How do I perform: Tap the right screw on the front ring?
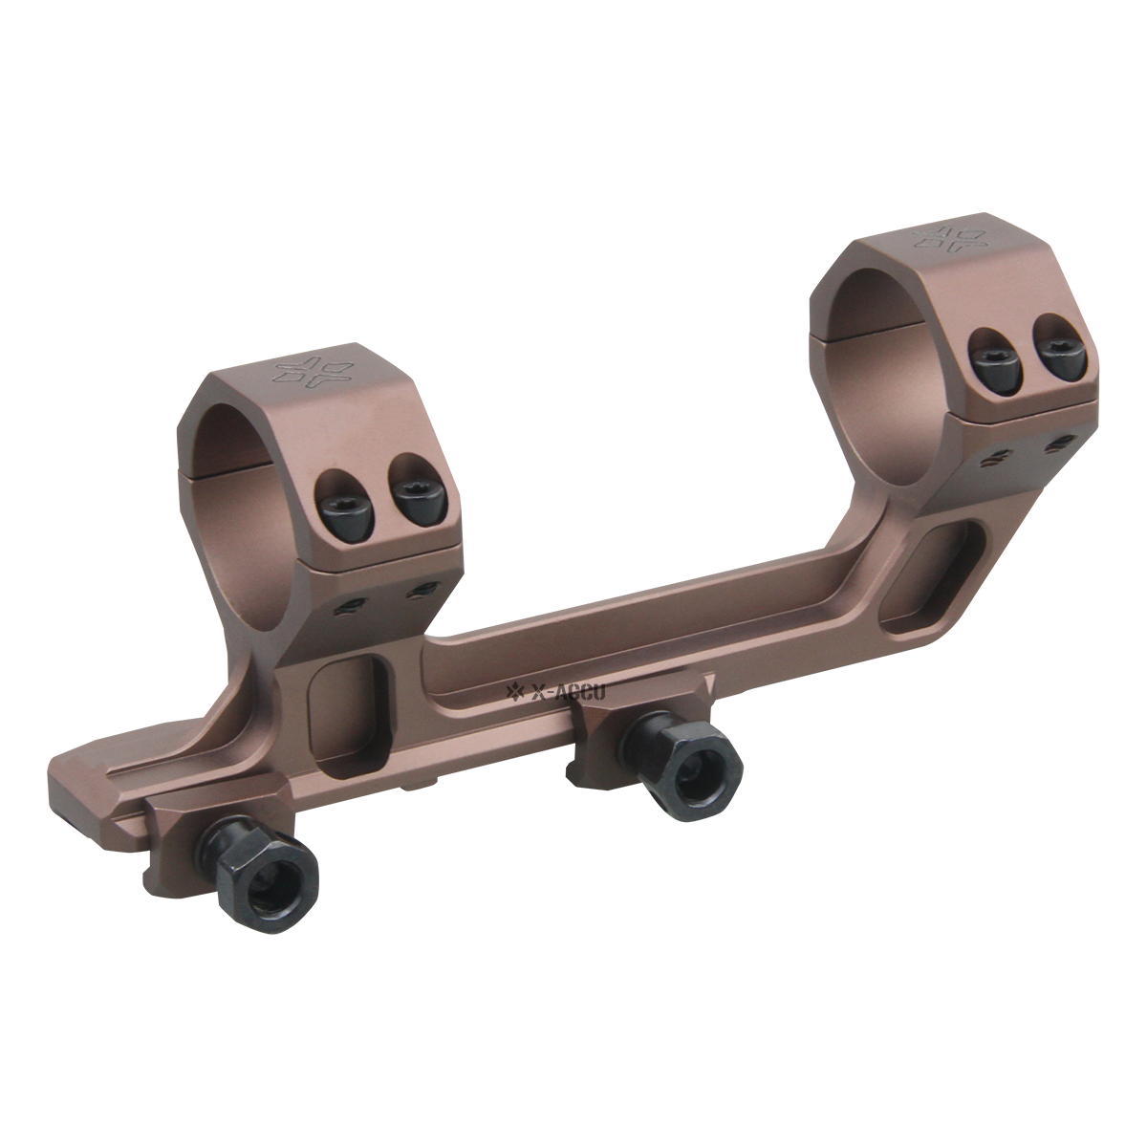(x=412, y=499)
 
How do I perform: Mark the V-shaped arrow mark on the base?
(x=710, y=684)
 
